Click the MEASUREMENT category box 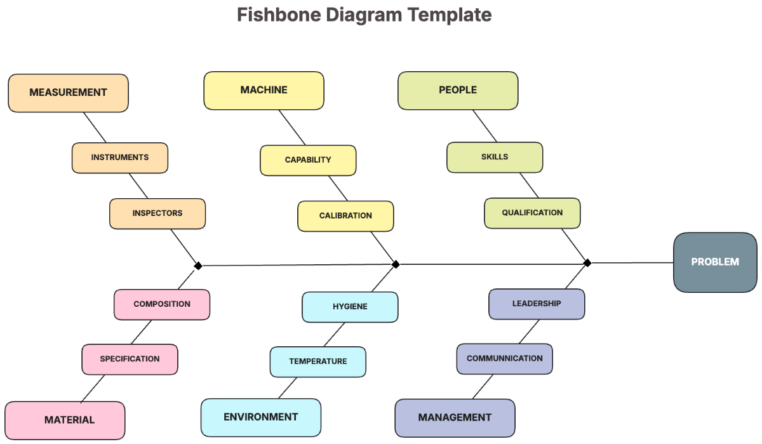pyautogui.click(x=68, y=93)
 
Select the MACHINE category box pyautogui.click(x=264, y=90)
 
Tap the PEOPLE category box pyautogui.click(x=458, y=90)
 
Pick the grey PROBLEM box pyautogui.click(x=715, y=262)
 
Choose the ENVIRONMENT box pyautogui.click(x=260, y=417)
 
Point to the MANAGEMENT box pyautogui.click(x=455, y=417)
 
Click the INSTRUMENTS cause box pyautogui.click(x=119, y=158)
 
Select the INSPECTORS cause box pyautogui.click(x=157, y=213)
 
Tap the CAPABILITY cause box pyautogui.click(x=308, y=160)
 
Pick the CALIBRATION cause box pyautogui.click(x=345, y=216)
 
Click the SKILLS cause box pyautogui.click(x=495, y=157)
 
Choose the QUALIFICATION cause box pyautogui.click(x=532, y=213)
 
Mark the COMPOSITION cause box pyautogui.click(x=162, y=304)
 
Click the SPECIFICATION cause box pyautogui.click(x=130, y=359)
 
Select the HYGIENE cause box pyautogui.click(x=350, y=307)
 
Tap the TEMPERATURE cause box pyautogui.click(x=317, y=361)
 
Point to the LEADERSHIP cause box pyautogui.click(x=537, y=304)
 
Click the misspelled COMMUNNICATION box pyautogui.click(x=504, y=359)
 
